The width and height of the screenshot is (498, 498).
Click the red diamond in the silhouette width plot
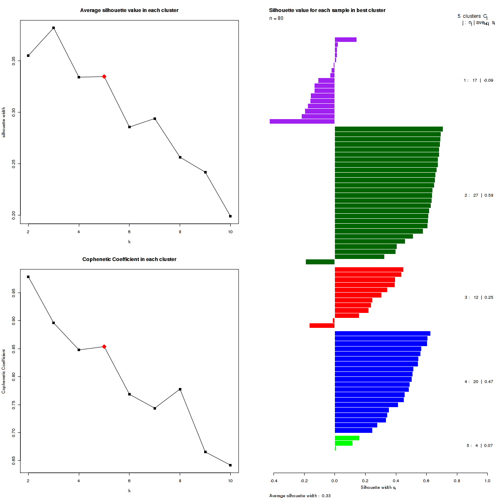[x=104, y=76]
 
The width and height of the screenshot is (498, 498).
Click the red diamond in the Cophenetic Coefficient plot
[x=104, y=347]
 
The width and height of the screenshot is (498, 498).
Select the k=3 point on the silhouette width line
[x=54, y=28]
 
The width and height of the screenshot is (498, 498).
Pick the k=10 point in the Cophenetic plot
[x=230, y=465]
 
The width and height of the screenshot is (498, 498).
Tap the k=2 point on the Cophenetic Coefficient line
[x=28, y=277]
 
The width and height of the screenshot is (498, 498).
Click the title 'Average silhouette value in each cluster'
[x=129, y=10]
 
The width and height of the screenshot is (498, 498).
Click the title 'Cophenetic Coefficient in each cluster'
[x=129, y=259]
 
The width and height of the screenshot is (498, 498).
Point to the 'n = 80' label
[x=276, y=18]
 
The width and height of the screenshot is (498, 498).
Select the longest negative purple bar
[x=302, y=122]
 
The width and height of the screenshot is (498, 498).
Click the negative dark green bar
[x=320, y=262]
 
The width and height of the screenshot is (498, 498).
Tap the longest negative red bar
[x=322, y=326]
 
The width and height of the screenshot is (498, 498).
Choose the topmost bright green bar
[x=347, y=438]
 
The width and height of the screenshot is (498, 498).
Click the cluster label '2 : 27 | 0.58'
[x=478, y=195]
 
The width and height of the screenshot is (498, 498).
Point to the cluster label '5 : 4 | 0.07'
[x=479, y=446]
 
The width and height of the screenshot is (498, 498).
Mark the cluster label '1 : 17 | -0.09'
[x=478, y=81]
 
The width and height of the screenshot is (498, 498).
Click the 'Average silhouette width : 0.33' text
[x=300, y=496]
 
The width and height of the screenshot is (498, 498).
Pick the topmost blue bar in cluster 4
[x=382, y=334]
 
